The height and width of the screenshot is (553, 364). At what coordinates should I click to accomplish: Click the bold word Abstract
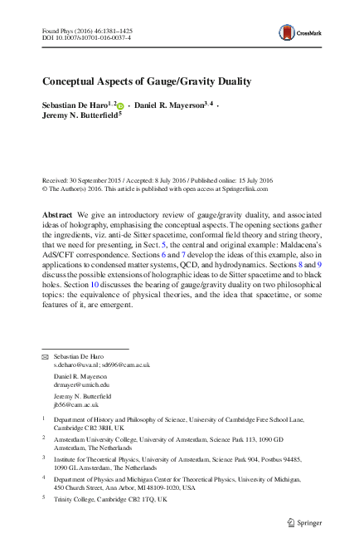(x=57, y=214)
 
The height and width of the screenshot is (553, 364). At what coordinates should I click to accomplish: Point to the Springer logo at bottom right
(x=304, y=522)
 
